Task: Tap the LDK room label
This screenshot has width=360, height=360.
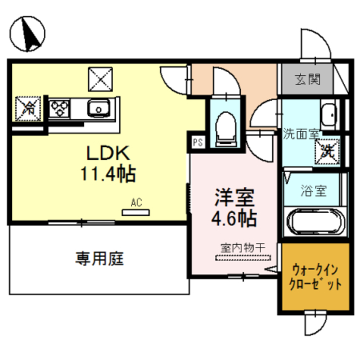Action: (x=108, y=153)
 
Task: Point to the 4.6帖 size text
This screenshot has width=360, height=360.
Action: (x=235, y=218)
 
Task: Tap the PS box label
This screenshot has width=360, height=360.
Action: (x=197, y=142)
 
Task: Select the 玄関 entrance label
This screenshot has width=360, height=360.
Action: (x=308, y=80)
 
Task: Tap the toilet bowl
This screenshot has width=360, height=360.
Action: (x=227, y=125)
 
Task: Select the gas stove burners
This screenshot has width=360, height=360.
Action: (x=60, y=107)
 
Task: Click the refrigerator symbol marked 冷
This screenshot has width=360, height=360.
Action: (x=27, y=108)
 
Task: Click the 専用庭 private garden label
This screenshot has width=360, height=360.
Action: (x=100, y=259)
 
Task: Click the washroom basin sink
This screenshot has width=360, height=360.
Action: (x=328, y=115)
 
